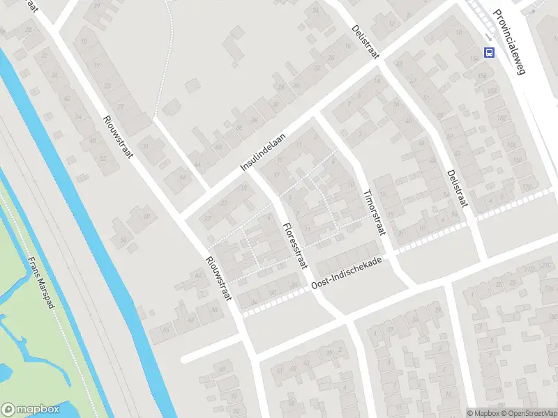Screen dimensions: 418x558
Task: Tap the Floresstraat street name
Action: (295, 245)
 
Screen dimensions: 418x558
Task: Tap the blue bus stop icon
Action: (490, 52)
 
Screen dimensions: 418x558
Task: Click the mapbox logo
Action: (30, 410)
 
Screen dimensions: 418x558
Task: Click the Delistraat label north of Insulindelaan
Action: (365, 42)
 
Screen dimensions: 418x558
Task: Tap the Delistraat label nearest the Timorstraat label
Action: (458, 188)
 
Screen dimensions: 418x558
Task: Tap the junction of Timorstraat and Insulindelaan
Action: (317, 116)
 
